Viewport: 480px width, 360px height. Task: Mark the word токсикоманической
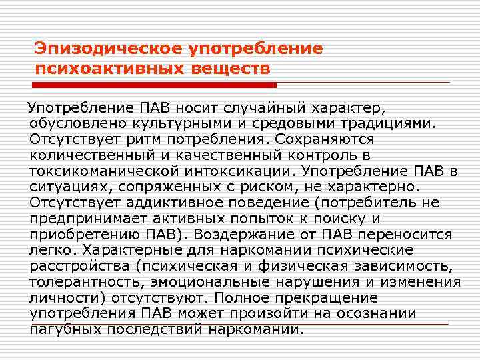point(97,171)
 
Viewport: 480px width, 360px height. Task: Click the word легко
point(51,251)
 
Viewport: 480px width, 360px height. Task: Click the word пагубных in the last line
point(64,330)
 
